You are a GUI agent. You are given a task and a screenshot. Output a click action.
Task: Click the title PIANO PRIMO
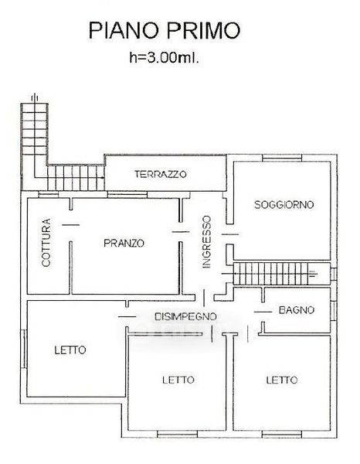[165, 30]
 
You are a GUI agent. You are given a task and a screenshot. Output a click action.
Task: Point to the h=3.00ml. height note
[164, 57]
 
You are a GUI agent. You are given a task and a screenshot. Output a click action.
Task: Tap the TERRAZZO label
[161, 174]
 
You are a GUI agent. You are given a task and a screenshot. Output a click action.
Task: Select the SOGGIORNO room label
[284, 205]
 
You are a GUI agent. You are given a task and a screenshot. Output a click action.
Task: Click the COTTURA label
[46, 242]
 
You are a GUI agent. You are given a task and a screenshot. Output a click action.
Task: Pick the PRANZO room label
[124, 244]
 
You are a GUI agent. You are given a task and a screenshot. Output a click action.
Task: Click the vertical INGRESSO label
[206, 242]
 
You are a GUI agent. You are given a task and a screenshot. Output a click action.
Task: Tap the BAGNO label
[297, 310]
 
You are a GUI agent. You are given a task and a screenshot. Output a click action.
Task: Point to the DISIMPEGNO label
[185, 316]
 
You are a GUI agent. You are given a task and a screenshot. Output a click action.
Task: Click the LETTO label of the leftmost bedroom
[70, 350]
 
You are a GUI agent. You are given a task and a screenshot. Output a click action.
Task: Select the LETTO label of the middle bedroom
[178, 380]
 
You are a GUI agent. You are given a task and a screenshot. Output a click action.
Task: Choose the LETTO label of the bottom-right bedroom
[282, 380]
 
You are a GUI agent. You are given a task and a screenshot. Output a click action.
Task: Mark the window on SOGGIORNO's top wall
[282, 159]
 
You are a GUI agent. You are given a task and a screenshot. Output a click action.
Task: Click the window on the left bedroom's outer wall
[24, 349]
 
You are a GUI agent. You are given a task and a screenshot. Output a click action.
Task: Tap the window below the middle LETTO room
[177, 434]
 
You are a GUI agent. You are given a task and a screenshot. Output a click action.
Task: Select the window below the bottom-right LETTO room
[282, 434]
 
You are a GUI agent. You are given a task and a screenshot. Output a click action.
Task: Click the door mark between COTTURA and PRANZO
[71, 225]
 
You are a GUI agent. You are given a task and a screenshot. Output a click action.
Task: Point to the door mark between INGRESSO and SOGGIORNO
[230, 234]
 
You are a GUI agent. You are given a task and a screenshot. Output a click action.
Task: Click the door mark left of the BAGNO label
[263, 312]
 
